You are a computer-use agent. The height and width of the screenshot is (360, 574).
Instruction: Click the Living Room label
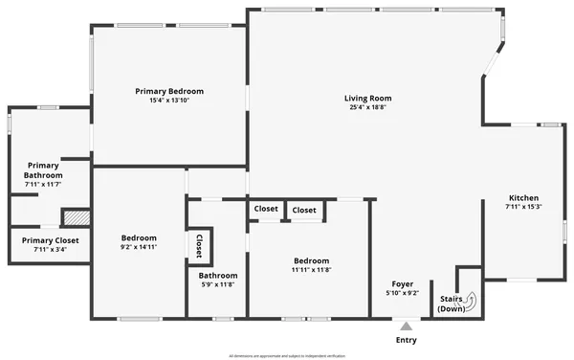tap(367, 98)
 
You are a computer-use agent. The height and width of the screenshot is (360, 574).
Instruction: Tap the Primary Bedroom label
tap(169, 91)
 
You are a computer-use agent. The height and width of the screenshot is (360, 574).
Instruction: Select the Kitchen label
tap(523, 197)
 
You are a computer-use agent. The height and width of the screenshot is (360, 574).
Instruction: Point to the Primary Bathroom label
tap(43, 170)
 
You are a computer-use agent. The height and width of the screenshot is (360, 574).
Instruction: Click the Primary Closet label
tap(50, 240)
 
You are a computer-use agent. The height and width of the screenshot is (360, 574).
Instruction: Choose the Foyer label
tap(403, 283)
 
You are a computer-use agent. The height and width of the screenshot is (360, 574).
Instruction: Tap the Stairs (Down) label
tap(452, 304)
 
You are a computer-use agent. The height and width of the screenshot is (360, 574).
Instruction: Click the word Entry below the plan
tap(406, 340)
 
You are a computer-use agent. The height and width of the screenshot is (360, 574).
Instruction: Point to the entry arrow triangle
tap(406, 327)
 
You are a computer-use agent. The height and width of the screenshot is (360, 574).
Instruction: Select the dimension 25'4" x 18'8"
tap(367, 107)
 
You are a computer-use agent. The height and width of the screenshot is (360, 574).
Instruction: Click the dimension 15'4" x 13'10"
tap(169, 101)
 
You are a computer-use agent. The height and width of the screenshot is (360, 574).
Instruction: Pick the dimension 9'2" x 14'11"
tap(139, 247)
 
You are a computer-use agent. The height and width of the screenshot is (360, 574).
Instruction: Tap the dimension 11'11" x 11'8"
tap(312, 270)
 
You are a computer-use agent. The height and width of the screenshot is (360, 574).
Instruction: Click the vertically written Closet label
tap(199, 245)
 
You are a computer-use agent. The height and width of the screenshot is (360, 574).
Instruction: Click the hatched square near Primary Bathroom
tap(76, 217)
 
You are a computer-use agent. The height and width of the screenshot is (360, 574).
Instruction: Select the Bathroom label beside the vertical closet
tap(210, 276)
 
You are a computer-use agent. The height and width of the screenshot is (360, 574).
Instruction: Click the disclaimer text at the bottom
tap(287, 355)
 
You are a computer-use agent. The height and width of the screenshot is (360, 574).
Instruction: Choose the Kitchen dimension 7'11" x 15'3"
tap(523, 207)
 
